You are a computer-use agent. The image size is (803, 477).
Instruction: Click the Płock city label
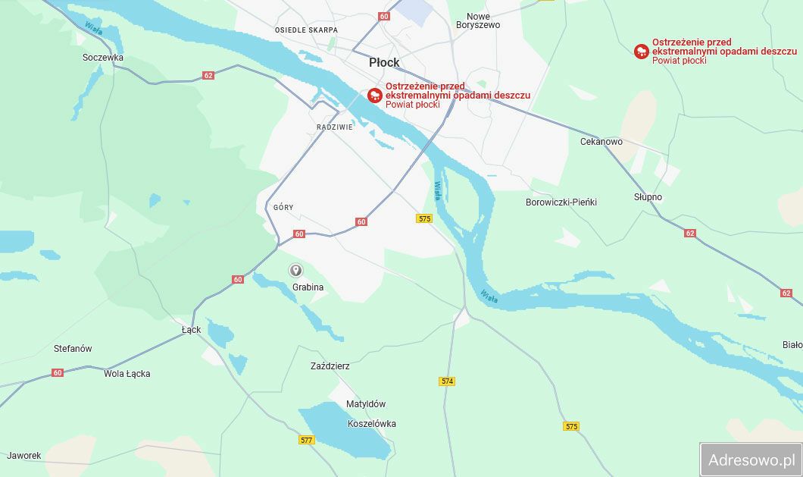pyautogui.click(x=384, y=62)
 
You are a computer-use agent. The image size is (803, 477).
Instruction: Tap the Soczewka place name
pyautogui.click(x=103, y=58)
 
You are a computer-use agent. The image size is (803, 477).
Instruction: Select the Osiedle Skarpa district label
pyautogui.click(x=306, y=30)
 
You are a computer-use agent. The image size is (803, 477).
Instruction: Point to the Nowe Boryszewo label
pyautogui.click(x=478, y=20)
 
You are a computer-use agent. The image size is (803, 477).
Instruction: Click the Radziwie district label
pyautogui.click(x=335, y=127)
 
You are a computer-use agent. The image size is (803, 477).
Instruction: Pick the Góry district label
pyautogui.click(x=283, y=207)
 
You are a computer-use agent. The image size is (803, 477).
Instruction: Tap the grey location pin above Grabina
pyautogui.click(x=296, y=271)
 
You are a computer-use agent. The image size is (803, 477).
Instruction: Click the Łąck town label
pyautogui.click(x=192, y=330)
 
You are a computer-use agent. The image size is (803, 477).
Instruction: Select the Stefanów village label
pyautogui.click(x=73, y=349)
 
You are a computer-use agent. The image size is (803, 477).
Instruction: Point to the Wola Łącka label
pyautogui.click(x=127, y=374)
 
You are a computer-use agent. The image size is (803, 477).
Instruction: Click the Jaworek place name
pyautogui.click(x=23, y=456)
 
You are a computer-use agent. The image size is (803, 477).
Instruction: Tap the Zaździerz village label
pyautogui.click(x=330, y=366)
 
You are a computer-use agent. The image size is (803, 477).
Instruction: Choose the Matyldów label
pyautogui.click(x=366, y=404)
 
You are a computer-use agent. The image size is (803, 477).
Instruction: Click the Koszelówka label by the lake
pyautogui.click(x=371, y=424)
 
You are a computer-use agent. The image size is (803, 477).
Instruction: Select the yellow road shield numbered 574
pyautogui.click(x=447, y=381)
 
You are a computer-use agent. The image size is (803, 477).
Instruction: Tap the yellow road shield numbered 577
pyautogui.click(x=306, y=440)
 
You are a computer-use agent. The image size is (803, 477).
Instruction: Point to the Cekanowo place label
pyautogui.click(x=601, y=142)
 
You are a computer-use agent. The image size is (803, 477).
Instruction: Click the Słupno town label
pyautogui.click(x=648, y=197)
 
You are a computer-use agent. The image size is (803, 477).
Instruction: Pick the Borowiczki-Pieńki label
pyautogui.click(x=561, y=202)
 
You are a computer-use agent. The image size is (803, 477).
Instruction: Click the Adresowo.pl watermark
pyautogui.click(x=751, y=460)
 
